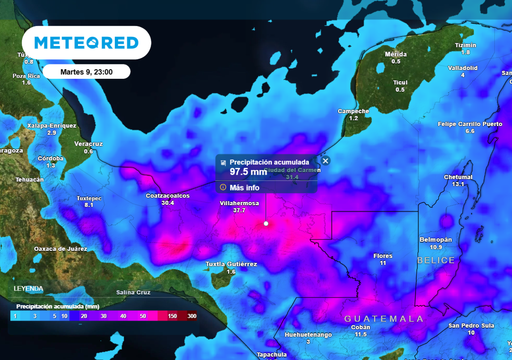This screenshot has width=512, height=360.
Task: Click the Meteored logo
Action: click(85, 43)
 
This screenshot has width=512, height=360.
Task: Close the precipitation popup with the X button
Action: click(325, 160)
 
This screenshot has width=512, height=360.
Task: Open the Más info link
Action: click(245, 187)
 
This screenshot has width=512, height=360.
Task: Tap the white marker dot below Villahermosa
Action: click(266, 223)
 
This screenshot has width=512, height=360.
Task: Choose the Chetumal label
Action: click(458, 176)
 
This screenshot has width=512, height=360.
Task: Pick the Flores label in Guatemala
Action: click(383, 255)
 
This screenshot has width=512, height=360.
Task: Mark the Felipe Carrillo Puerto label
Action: click(469, 123)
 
